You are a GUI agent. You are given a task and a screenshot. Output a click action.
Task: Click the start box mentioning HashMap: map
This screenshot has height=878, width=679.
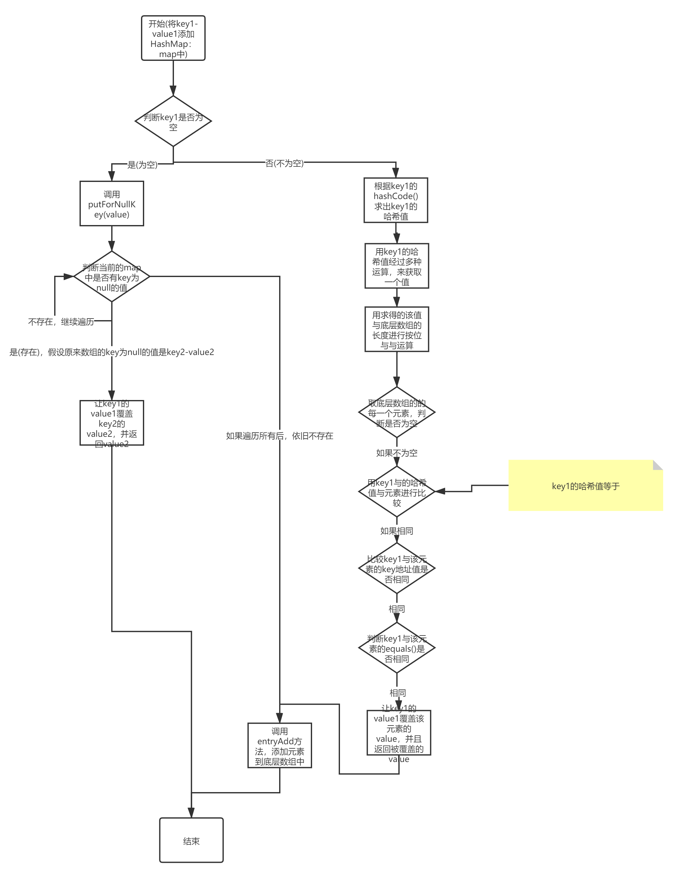pos(173,38)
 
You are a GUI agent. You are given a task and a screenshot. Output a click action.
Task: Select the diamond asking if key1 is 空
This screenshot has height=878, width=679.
pos(173,121)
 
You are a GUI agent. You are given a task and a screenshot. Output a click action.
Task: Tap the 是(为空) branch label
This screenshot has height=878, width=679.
pos(142,165)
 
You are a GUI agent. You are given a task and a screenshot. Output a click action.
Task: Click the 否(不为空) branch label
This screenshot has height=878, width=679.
pos(285,163)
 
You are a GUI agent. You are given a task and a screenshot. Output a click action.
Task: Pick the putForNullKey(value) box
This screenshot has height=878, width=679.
pos(112,204)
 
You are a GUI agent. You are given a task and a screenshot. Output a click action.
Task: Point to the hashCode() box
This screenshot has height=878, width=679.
pos(396,200)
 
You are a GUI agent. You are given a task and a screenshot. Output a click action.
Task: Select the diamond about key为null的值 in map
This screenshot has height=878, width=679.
pos(112,277)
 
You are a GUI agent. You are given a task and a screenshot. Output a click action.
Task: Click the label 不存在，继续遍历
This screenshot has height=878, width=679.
pos(61,321)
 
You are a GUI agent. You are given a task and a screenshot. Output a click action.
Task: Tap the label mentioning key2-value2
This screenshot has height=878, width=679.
pos(112,352)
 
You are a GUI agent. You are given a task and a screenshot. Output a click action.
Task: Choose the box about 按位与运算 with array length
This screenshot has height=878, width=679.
pos(397,329)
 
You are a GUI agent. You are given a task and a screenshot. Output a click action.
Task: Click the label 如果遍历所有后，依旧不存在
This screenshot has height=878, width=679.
pos(280,436)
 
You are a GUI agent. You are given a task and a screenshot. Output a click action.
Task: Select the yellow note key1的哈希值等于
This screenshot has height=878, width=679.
pos(586,486)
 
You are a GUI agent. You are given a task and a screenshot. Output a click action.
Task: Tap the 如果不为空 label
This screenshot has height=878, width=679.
pos(397,452)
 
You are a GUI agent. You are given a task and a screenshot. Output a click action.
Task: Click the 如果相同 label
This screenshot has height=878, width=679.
pos(397,530)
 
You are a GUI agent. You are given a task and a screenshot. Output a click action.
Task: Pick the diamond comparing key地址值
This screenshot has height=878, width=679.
pos(397,568)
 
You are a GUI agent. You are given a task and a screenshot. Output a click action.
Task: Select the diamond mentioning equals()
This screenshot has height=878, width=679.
pos(397,648)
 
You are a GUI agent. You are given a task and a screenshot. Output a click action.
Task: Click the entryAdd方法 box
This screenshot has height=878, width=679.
pos(280,746)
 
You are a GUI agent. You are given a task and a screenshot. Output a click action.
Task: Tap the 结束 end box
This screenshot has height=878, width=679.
pos(191,841)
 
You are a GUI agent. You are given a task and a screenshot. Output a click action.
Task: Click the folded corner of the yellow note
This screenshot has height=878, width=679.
pos(658,465)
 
